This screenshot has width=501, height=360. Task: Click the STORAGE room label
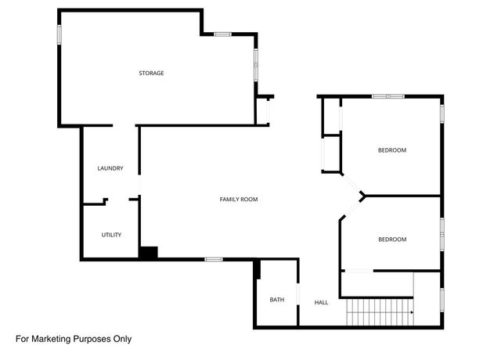point(151,73)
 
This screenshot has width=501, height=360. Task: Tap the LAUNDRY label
point(110,168)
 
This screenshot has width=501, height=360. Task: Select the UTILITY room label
point(111,235)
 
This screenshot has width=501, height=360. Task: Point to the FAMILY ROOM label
point(239,200)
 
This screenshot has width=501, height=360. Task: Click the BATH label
point(277,300)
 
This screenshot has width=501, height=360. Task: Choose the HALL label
point(321,302)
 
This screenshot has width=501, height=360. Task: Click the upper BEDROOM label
point(392,150)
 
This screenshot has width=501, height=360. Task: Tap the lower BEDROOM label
point(392,239)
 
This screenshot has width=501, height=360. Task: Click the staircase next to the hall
point(379,313)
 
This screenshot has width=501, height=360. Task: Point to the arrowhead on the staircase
point(410,311)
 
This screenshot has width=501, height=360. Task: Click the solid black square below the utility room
point(149,253)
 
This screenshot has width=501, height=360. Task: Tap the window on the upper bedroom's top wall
point(387,96)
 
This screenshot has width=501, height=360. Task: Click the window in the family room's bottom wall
point(214,259)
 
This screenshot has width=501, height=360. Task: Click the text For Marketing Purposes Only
point(74,339)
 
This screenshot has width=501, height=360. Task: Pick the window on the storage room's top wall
point(223,34)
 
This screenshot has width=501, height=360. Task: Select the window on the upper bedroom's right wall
point(442,113)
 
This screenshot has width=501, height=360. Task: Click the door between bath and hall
point(297,299)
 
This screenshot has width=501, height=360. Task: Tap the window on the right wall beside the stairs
point(442,299)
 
